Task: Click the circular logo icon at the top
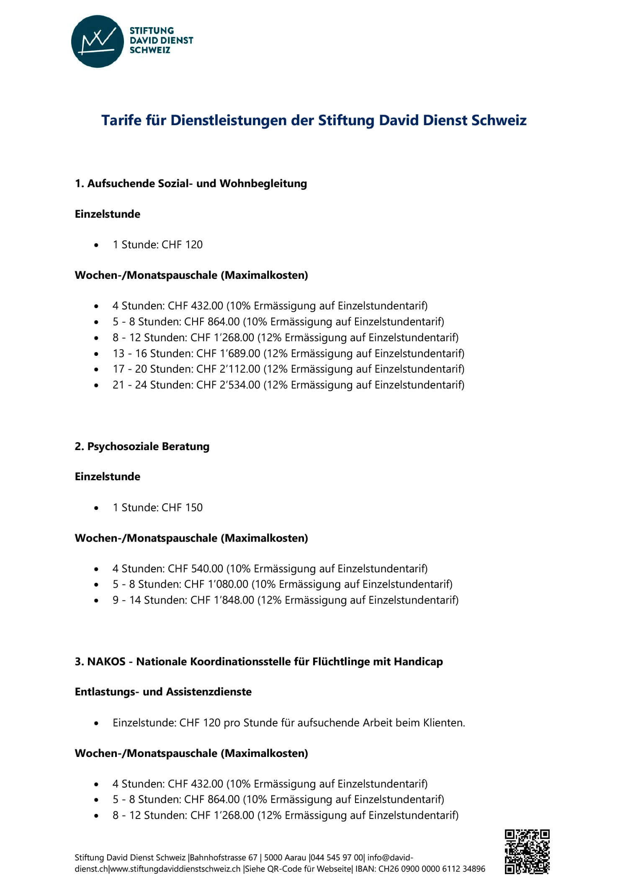(x=98, y=41)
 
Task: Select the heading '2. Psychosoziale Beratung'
(x=142, y=446)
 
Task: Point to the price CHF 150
(x=182, y=507)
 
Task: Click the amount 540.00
(x=207, y=569)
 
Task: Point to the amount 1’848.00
(x=234, y=600)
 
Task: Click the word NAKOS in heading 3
(x=106, y=661)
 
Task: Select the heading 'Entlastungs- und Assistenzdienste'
(x=163, y=692)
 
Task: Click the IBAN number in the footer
(x=432, y=869)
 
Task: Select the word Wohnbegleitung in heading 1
(x=263, y=183)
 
